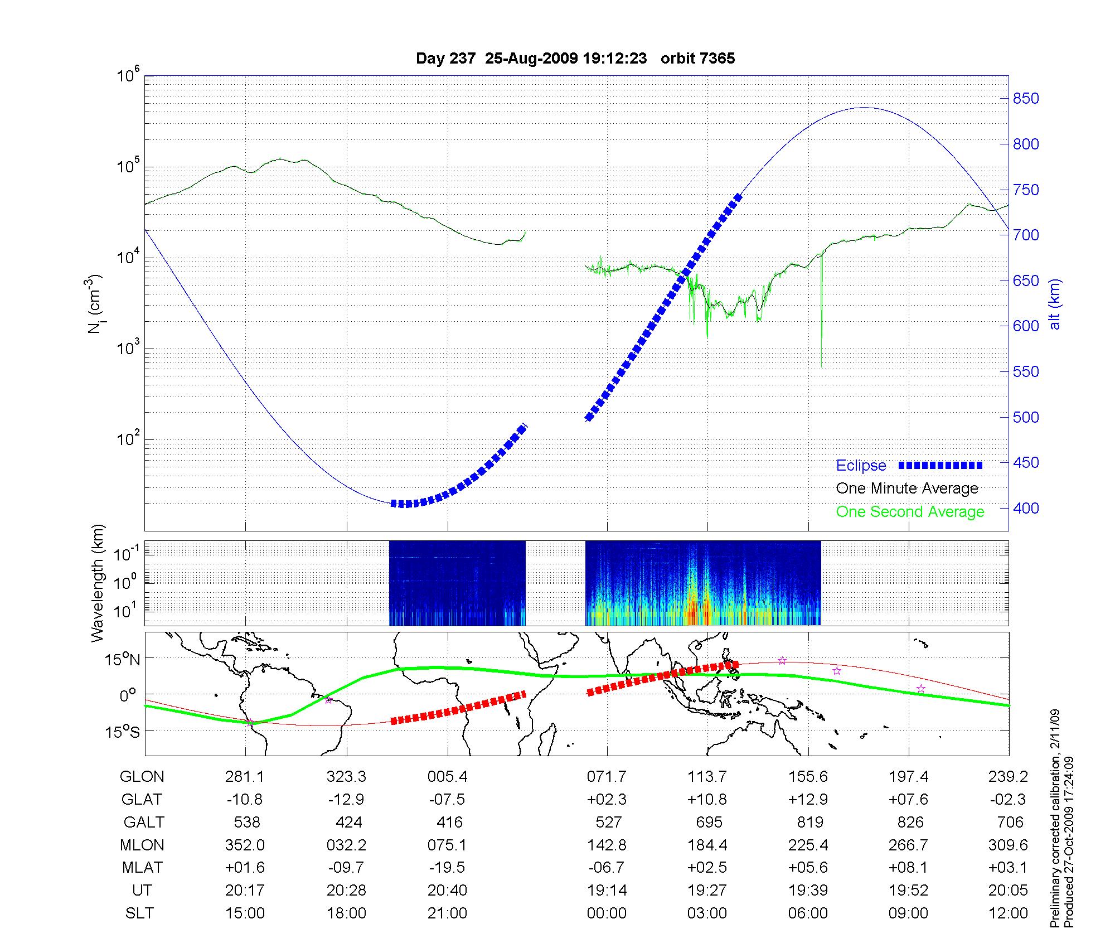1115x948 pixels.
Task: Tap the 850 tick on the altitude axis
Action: pyautogui.click(x=1026, y=99)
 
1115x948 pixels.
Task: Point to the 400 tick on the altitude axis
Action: pyautogui.click(x=1026, y=508)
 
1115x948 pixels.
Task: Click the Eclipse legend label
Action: pyautogui.click(x=861, y=466)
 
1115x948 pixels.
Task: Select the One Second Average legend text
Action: pyautogui.click(x=910, y=512)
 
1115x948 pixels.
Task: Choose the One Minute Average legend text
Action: pyautogui.click(x=907, y=488)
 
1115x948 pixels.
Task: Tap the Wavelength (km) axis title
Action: pyautogui.click(x=98, y=583)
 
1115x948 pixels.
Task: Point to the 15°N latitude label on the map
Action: pyautogui.click(x=123, y=660)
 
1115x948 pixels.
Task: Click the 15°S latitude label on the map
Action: pyautogui.click(x=123, y=731)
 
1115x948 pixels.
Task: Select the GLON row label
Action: pyautogui.click(x=142, y=777)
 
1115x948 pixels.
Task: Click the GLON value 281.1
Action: pyautogui.click(x=245, y=777)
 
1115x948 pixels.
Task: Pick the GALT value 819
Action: pyautogui.click(x=810, y=823)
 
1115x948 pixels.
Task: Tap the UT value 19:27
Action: pyautogui.click(x=707, y=891)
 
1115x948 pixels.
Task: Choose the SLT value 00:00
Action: pyautogui.click(x=607, y=913)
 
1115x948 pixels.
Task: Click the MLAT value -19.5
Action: pyautogui.click(x=447, y=868)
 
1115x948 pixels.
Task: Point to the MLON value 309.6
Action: pyautogui.click(x=1008, y=845)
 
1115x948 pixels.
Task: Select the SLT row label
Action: pyautogui.click(x=139, y=913)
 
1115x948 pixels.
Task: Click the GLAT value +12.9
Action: pyautogui.click(x=808, y=800)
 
